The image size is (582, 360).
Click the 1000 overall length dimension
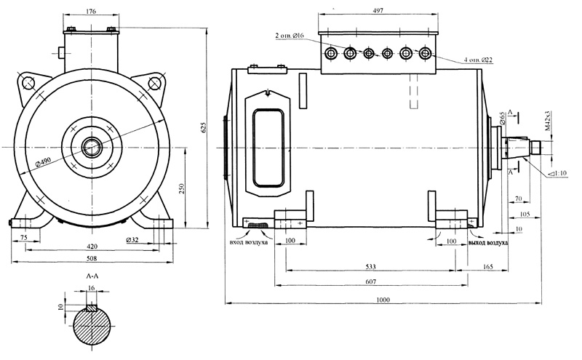[383, 300]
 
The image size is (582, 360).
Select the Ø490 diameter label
[44, 161]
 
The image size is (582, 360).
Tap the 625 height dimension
[203, 127]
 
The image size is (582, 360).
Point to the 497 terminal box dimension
[378, 10]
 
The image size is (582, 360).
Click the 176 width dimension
[91, 11]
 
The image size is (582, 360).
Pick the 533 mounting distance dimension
[370, 266]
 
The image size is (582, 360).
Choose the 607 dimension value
[370, 281]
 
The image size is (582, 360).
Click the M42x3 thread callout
[548, 121]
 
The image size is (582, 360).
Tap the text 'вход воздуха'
[248, 243]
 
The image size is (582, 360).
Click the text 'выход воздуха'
[488, 243]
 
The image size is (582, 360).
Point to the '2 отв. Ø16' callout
[290, 36]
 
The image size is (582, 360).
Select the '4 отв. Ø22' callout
[478, 60]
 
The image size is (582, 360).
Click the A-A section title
[92, 276]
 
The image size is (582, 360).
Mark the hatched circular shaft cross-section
[92, 326]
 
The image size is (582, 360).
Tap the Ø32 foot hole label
[132, 240]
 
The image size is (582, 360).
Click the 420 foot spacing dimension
[92, 246]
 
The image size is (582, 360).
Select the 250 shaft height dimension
[182, 188]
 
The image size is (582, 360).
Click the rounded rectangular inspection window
[268, 148]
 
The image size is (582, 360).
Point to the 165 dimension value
[488, 266]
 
